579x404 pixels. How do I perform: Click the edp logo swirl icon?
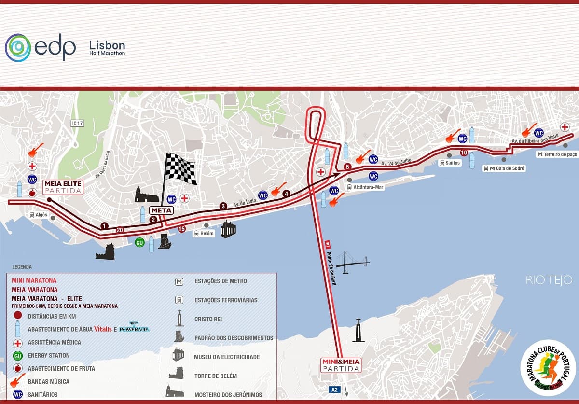[x=18, y=48]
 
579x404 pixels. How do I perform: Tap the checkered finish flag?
[x=180, y=169]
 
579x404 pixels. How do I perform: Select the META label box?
[x=161, y=210]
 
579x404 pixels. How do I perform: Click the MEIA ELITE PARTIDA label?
[x=63, y=187]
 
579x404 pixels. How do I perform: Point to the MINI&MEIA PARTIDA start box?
[x=341, y=365]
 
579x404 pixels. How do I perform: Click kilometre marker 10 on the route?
[x=464, y=153]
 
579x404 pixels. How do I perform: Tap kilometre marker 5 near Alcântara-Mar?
[x=347, y=167]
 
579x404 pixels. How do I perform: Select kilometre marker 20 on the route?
[x=120, y=230]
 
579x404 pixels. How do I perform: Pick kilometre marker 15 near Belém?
[x=181, y=229]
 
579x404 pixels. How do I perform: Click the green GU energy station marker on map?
[x=139, y=242]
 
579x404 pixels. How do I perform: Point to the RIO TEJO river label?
[x=549, y=280]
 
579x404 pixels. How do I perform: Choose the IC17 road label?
[x=77, y=124]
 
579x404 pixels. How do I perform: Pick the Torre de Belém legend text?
[x=215, y=376]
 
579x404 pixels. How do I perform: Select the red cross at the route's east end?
[x=564, y=127]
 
